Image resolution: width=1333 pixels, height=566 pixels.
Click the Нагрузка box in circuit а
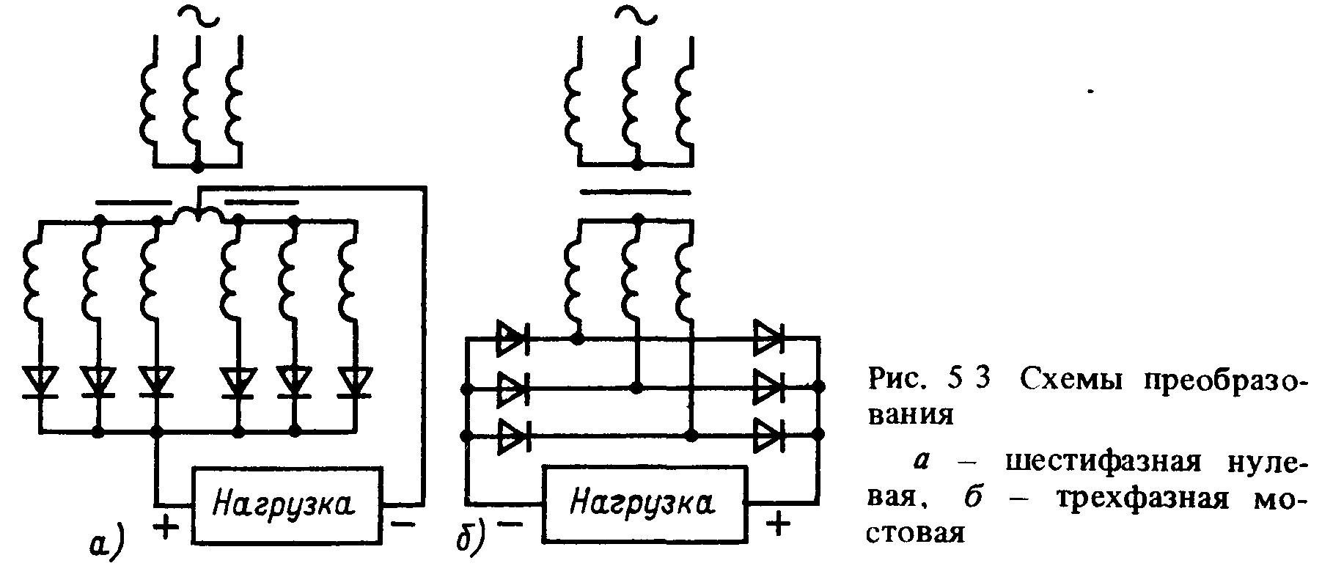click(287, 504)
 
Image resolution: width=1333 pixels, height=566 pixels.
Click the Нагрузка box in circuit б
click(643, 504)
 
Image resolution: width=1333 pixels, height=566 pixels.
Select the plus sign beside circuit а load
click(168, 526)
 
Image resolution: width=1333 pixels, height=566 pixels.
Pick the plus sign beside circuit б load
click(778, 523)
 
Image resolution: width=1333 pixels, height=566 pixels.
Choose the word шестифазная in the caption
click(1106, 464)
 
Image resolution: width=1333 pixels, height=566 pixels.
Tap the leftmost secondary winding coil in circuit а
click(34, 279)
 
